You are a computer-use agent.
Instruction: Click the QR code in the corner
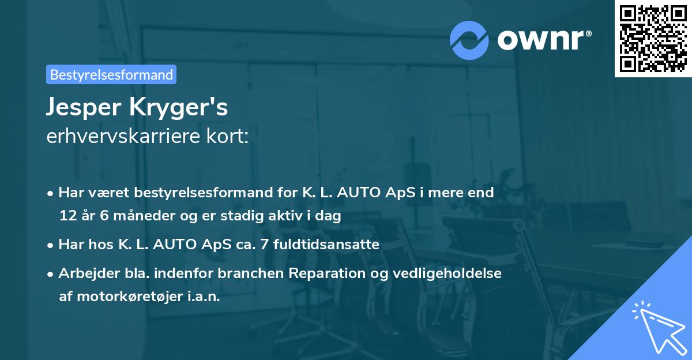click(652, 39)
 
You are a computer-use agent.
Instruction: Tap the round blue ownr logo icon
click(469, 40)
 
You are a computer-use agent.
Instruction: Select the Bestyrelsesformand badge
click(111, 74)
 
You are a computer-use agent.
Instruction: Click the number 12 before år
click(67, 216)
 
